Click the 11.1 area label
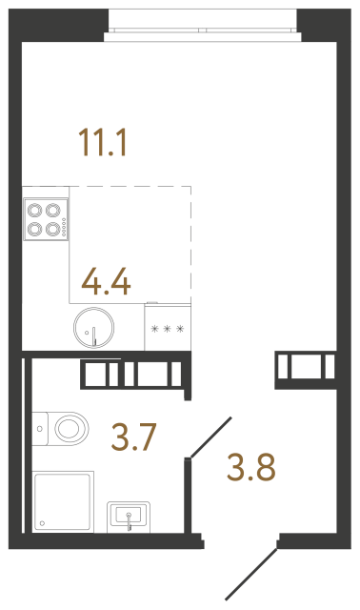[103, 142]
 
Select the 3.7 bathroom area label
[133, 437]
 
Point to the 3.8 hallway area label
[251, 467]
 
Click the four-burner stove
[46, 219]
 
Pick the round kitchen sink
[93, 328]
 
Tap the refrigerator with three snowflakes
[168, 327]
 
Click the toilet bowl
[71, 428]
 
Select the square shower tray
[63, 502]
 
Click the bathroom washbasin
[129, 517]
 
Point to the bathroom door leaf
[211, 437]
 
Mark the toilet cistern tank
[40, 429]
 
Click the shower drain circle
[42, 523]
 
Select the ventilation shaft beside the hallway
[306, 370]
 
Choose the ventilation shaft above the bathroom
[133, 375]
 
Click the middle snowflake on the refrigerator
[168, 329]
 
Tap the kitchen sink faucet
[93, 336]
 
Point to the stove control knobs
[64, 228]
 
